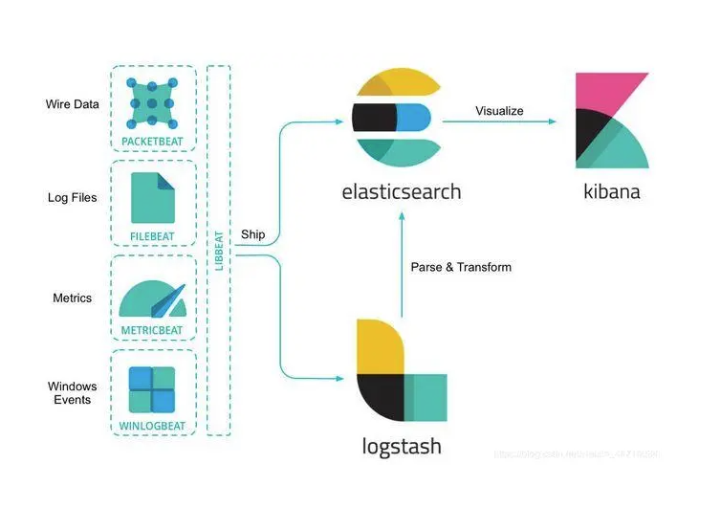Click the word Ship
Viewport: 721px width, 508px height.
point(253,233)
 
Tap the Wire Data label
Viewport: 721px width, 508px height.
point(73,103)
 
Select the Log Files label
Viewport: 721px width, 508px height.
point(73,198)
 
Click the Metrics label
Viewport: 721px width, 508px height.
point(73,298)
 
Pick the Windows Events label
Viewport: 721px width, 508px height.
point(73,392)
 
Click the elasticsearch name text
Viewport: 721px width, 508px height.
point(402,191)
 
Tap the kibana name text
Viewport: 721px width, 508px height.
point(612,191)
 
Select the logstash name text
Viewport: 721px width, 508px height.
point(403,446)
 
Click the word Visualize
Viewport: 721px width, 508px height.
point(499,111)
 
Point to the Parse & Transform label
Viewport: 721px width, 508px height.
point(461,267)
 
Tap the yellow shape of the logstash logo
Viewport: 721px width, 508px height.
point(379,344)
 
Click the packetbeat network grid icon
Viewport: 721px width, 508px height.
point(153,101)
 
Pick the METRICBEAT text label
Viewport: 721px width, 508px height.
point(153,330)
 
